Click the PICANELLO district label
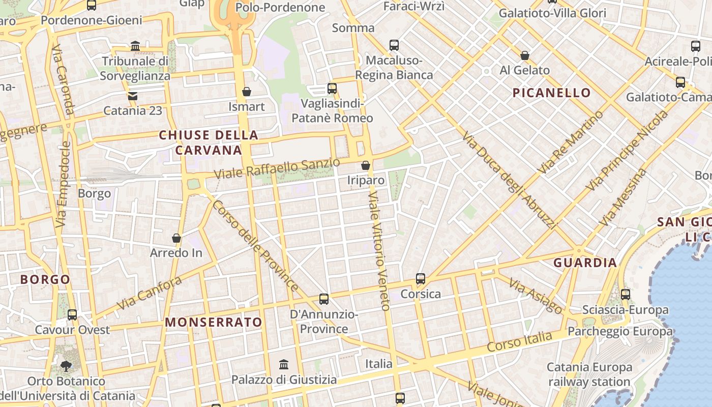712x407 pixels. pyautogui.click(x=551, y=93)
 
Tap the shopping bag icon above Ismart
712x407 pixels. pyautogui.click(x=247, y=92)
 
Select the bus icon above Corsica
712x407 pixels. pyautogui.click(x=421, y=279)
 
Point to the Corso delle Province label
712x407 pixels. pyautogui.click(x=255, y=246)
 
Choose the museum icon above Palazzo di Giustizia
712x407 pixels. pyautogui.click(x=284, y=365)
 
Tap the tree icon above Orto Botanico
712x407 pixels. pyautogui.click(x=66, y=365)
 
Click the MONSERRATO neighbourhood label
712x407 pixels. pyautogui.click(x=214, y=323)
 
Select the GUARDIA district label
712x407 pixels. pyautogui.click(x=585, y=263)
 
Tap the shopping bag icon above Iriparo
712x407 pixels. pyautogui.click(x=366, y=165)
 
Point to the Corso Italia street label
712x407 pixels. pyautogui.click(x=519, y=341)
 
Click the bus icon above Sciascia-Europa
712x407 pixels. pyautogui.click(x=626, y=294)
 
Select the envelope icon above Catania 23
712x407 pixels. pyautogui.click(x=133, y=96)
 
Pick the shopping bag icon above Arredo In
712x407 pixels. pyautogui.click(x=176, y=238)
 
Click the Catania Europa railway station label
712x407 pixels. pyautogui.click(x=589, y=374)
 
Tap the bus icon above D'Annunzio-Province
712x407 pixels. pyautogui.click(x=324, y=299)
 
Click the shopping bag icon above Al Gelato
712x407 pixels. pyautogui.click(x=525, y=55)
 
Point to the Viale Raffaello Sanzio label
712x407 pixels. pyautogui.click(x=277, y=168)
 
